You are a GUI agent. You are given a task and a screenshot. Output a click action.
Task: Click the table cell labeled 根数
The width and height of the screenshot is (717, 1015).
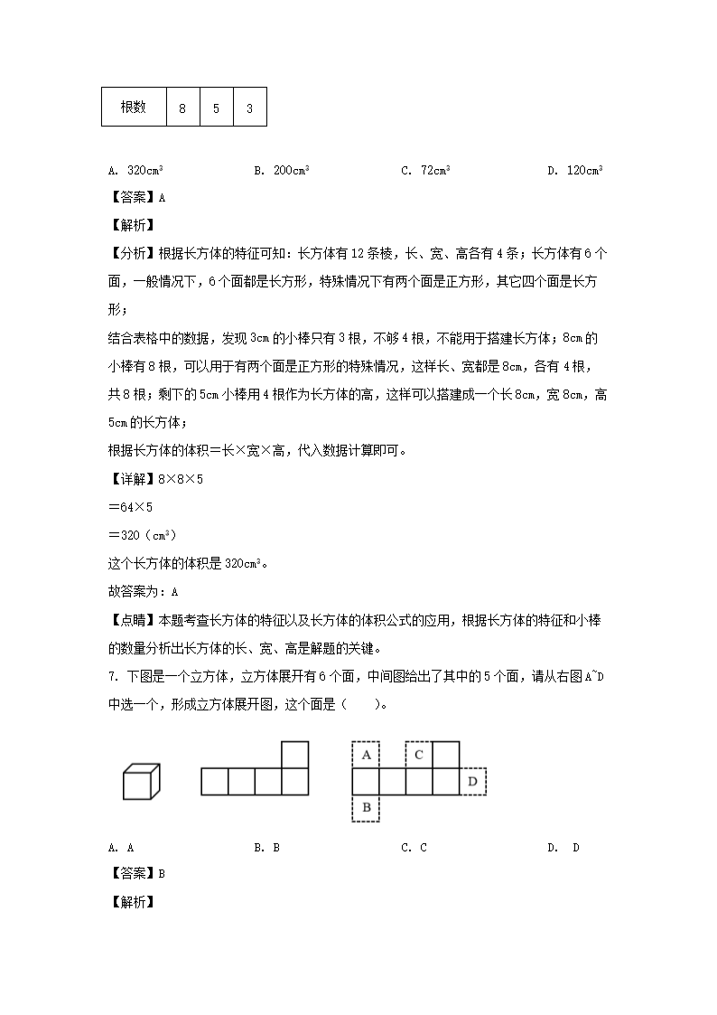[x=134, y=108]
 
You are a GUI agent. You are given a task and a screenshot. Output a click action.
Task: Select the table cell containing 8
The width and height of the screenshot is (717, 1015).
[x=182, y=108]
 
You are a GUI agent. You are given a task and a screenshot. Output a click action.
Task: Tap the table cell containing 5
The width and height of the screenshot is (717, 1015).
[x=216, y=108]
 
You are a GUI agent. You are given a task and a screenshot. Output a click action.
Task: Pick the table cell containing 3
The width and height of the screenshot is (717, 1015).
[x=249, y=108]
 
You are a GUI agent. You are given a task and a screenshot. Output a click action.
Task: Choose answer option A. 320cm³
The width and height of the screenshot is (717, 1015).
[x=135, y=170]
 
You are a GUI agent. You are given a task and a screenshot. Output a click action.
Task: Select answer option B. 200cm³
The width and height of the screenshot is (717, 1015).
[x=282, y=170]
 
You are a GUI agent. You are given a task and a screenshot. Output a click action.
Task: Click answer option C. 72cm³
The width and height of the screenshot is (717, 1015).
[x=425, y=170]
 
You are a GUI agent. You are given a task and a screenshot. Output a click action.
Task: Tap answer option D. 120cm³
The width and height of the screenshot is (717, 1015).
[x=574, y=170]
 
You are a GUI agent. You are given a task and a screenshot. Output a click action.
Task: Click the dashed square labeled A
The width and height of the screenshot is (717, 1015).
[x=366, y=755]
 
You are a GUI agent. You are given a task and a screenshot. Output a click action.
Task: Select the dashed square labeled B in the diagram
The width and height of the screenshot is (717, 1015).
[x=366, y=807]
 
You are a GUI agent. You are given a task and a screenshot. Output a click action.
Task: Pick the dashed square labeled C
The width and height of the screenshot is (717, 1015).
[x=419, y=755]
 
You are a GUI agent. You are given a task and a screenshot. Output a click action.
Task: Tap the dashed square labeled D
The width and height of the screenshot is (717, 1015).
[x=472, y=781]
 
